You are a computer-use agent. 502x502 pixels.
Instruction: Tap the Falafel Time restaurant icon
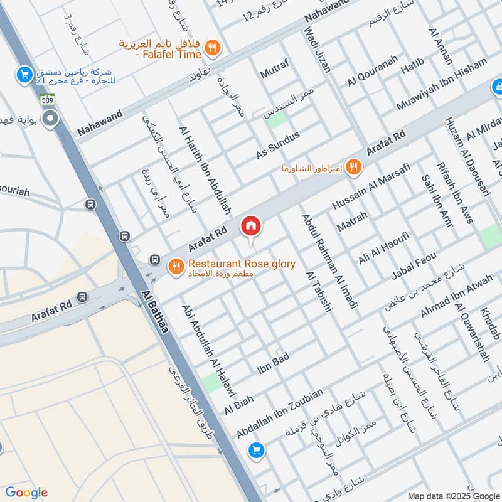213,46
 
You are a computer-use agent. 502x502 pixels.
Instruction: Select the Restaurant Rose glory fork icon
175,267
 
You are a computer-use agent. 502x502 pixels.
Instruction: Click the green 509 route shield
48,99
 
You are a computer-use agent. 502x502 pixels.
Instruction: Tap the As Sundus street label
278,145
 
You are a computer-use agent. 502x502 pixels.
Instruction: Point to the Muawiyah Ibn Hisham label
442,85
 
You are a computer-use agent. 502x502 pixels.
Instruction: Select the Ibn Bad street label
273,364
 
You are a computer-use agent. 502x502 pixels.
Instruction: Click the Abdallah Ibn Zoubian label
280,412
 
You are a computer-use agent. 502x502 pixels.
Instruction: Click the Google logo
26,493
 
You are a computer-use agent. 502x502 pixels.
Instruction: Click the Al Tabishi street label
316,291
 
